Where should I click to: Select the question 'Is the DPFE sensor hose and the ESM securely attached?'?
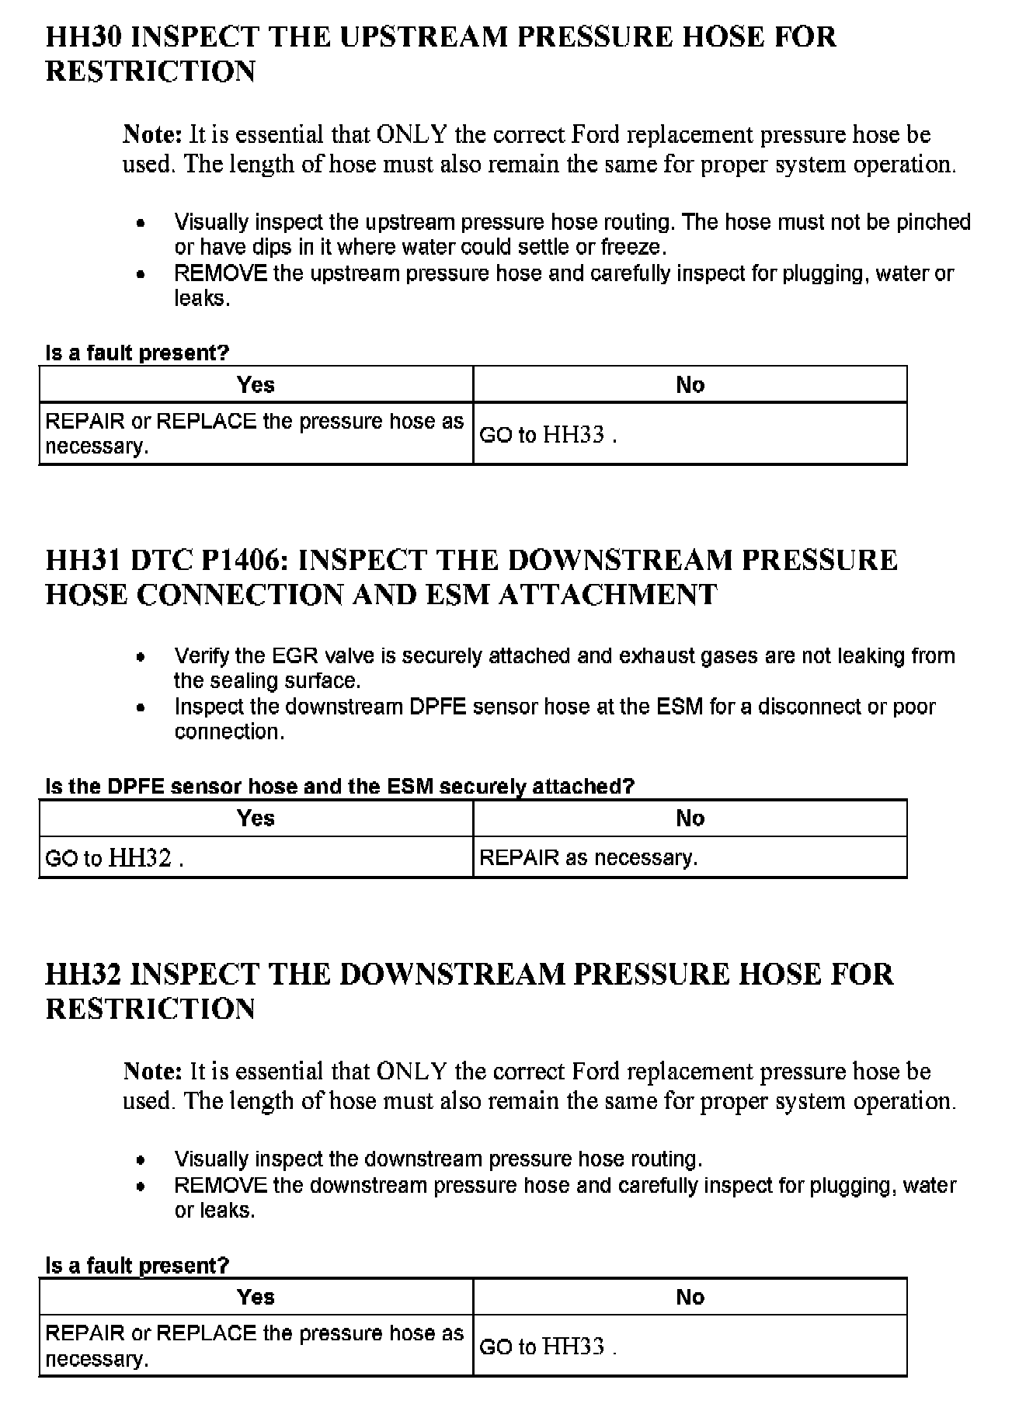coord(339,787)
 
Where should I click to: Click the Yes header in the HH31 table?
coord(256,818)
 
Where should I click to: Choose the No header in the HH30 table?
coord(690,385)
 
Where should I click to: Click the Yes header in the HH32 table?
coord(256,1297)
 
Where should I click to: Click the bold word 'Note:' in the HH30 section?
coord(152,135)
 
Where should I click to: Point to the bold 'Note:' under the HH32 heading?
coord(152,1072)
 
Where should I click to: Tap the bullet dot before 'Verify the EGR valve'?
coord(141,657)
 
